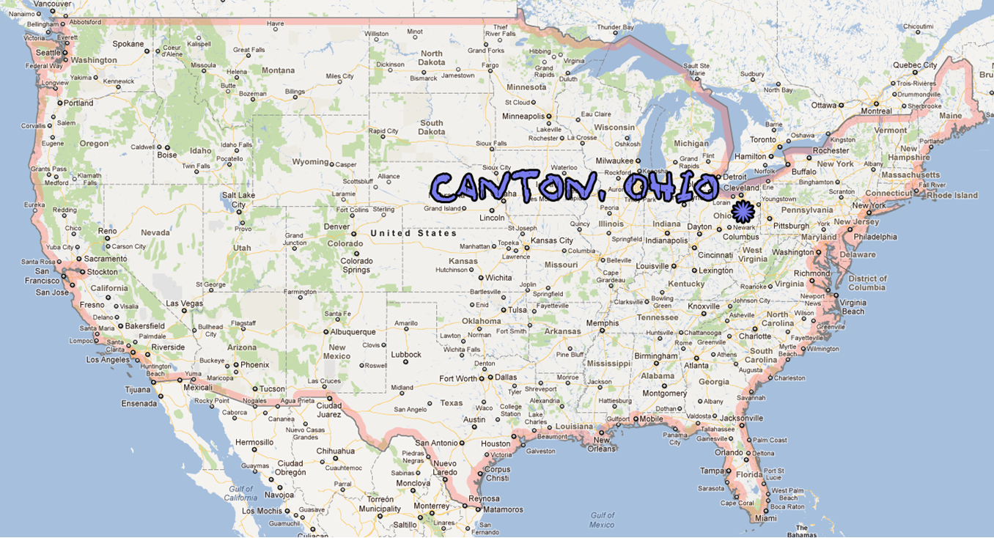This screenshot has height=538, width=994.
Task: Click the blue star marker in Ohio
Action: point(743,212)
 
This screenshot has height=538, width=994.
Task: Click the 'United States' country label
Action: point(413,233)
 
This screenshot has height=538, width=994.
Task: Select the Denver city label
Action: point(337,226)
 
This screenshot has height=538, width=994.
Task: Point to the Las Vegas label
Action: point(184,303)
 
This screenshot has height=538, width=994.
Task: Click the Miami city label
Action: point(765,518)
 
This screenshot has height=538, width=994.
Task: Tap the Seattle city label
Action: point(48,53)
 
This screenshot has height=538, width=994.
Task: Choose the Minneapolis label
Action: point(523,117)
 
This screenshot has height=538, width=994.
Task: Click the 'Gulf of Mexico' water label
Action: point(602,520)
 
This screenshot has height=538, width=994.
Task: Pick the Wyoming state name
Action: point(310,162)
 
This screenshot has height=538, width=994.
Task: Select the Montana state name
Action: point(278,70)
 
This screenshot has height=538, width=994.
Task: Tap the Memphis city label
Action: point(602,323)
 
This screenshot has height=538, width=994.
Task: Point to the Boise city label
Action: point(167,155)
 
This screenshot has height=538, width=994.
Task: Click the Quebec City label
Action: point(915,65)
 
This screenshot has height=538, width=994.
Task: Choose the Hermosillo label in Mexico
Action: point(254,443)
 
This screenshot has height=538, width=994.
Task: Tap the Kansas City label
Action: point(552,240)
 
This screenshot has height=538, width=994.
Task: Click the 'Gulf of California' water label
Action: point(240,493)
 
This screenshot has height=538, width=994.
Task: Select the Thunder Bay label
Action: point(614,27)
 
